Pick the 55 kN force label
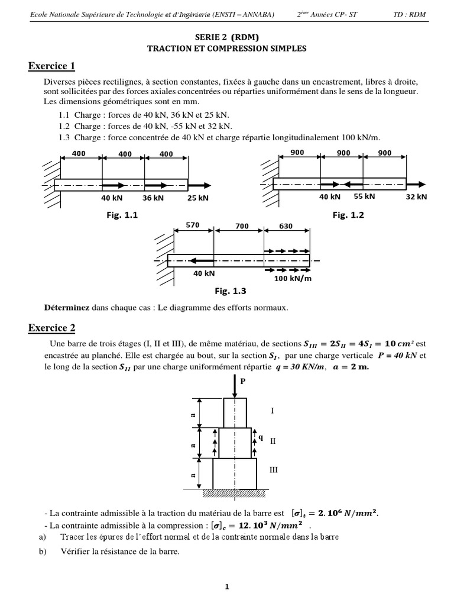(x=364, y=196)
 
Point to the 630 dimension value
(x=286, y=226)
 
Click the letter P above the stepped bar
(x=241, y=382)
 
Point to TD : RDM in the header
(x=408, y=14)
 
